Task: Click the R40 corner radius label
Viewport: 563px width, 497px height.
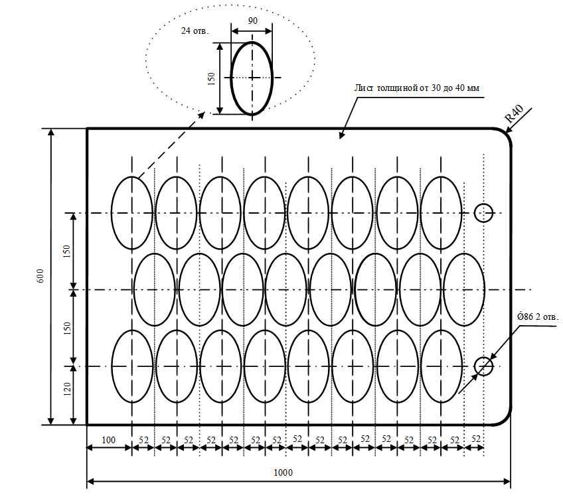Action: (x=514, y=113)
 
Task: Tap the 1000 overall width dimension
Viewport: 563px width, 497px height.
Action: (x=283, y=472)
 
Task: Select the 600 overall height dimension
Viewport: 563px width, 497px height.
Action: (x=40, y=276)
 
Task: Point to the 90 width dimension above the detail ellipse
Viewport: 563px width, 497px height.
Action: (x=252, y=21)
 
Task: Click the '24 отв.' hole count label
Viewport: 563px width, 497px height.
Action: (x=195, y=31)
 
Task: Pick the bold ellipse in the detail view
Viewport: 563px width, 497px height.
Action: (x=231, y=78)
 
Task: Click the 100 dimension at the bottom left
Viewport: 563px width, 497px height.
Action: (x=108, y=440)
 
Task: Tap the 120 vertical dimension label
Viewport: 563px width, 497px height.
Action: (x=67, y=390)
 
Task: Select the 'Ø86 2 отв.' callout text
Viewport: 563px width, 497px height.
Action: (x=538, y=317)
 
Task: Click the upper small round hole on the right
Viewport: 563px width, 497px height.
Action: (x=475, y=213)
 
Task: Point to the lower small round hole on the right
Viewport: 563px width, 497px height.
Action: (x=475, y=366)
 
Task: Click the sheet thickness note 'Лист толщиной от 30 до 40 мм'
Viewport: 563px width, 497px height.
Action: (x=416, y=88)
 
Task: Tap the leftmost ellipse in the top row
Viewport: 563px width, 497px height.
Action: (x=112, y=213)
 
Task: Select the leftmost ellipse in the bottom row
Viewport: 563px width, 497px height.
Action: (x=112, y=366)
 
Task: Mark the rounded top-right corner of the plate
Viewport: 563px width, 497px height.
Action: (x=506, y=133)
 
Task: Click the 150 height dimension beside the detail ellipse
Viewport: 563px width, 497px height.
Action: (x=212, y=79)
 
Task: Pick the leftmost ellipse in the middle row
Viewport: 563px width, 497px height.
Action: (x=133, y=289)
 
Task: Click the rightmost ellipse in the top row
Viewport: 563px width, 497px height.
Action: (x=420, y=213)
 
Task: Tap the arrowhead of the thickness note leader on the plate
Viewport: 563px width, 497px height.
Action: (x=341, y=135)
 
